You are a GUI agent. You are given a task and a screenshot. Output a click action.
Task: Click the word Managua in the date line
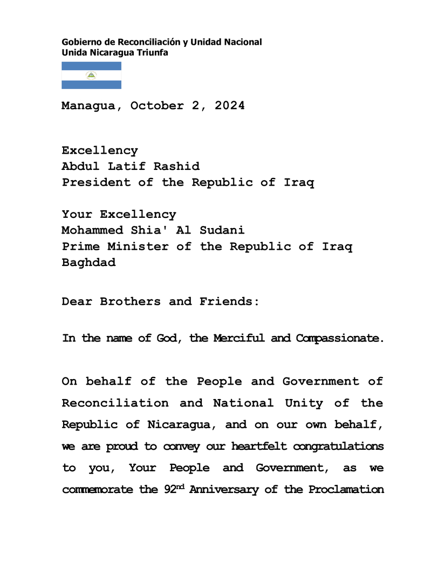click(x=88, y=106)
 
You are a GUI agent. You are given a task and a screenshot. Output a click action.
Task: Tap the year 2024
click(x=230, y=106)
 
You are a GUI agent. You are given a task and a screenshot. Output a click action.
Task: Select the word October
click(x=157, y=106)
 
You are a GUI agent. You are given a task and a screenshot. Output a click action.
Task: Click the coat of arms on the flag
click(x=91, y=76)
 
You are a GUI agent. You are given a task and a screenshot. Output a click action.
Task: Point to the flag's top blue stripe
click(x=91, y=66)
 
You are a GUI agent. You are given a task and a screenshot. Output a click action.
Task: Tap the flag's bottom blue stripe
click(x=91, y=85)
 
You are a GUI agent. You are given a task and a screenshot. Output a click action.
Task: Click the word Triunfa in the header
click(x=153, y=52)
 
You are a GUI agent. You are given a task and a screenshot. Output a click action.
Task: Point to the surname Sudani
click(x=222, y=230)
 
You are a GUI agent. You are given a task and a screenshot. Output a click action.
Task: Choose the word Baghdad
click(x=88, y=263)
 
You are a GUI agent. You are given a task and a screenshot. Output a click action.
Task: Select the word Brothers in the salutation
click(x=130, y=301)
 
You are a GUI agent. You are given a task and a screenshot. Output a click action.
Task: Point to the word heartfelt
click(x=257, y=447)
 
